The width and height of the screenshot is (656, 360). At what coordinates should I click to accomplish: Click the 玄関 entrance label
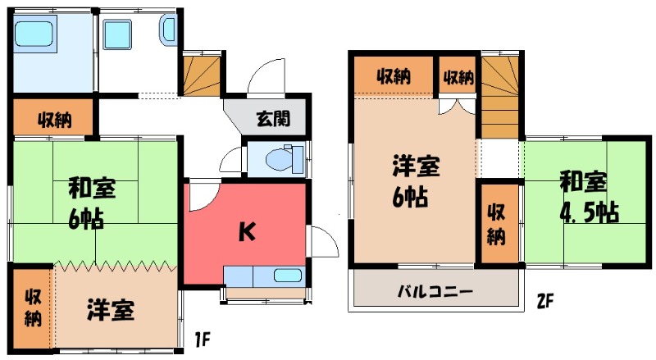pos(272,119)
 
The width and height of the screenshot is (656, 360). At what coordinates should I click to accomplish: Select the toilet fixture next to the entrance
pos(277,158)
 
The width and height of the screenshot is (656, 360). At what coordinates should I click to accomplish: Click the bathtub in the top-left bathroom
pos(34,35)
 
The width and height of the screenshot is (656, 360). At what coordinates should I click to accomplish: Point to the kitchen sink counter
pos(263,276)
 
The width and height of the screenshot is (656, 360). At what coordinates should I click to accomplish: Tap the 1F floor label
pos(203,336)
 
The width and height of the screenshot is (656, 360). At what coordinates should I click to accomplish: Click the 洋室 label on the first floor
pos(110,312)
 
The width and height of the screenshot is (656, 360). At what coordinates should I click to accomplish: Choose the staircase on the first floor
pos(202,74)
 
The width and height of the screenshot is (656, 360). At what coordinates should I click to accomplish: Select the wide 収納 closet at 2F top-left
pos(394,78)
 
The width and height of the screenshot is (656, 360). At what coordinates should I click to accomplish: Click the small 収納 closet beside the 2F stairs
pos(458,78)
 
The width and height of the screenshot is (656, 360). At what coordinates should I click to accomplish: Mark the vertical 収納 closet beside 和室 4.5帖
pos(499,223)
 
